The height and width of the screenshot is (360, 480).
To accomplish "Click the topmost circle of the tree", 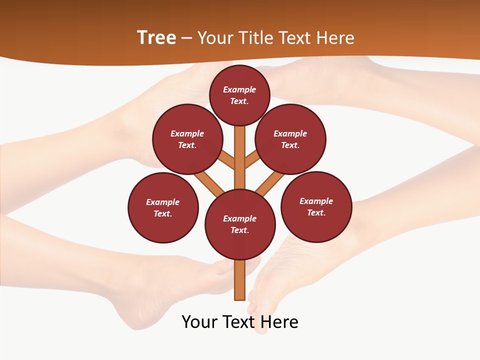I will pos(239,95).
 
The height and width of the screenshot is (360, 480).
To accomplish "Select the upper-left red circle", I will pos(187,139).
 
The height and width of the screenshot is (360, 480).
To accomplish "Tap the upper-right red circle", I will pos(290,139).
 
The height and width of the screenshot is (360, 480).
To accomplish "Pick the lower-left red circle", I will pos(163,207).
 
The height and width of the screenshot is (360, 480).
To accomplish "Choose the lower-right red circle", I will pos(316,206).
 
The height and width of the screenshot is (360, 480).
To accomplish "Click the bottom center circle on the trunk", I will pos(240,224).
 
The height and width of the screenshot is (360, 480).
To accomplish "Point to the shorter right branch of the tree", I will pos(251,159).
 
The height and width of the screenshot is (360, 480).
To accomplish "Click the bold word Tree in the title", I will pos(156,37).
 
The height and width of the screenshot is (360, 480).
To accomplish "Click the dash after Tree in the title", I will pos(186,38).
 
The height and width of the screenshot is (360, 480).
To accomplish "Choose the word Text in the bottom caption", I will pos(239,321).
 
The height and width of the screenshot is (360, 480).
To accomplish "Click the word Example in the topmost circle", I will pos(239,89).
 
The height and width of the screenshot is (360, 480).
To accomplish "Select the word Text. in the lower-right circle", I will pos(316,212).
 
